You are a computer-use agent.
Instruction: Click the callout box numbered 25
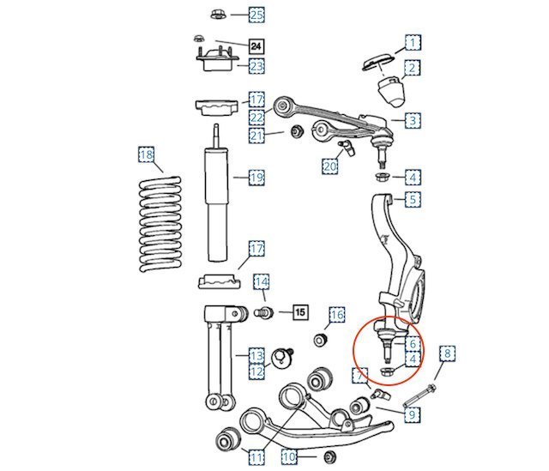[x=256, y=15]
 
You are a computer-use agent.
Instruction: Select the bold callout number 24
[x=256, y=45]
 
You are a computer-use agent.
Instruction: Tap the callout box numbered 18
[x=147, y=154]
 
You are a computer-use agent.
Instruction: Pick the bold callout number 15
[x=300, y=311]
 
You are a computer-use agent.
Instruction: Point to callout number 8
[x=448, y=353]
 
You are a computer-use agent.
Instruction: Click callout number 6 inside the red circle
[x=413, y=343]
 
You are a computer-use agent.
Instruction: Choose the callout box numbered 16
[x=337, y=315]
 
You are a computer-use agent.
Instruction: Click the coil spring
[x=160, y=224]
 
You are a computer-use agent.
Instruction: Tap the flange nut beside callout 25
[x=217, y=15]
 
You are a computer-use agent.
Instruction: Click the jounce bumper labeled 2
[x=391, y=92]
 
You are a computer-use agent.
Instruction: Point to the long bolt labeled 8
[x=419, y=396]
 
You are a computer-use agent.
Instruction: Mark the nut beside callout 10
[x=329, y=457]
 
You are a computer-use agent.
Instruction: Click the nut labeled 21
[x=298, y=131]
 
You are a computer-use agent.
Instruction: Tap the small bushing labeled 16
[x=320, y=340]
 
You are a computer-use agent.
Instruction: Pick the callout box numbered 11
[x=256, y=457]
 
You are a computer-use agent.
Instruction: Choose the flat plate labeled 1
[x=377, y=63]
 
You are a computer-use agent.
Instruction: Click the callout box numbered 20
[x=329, y=166]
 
